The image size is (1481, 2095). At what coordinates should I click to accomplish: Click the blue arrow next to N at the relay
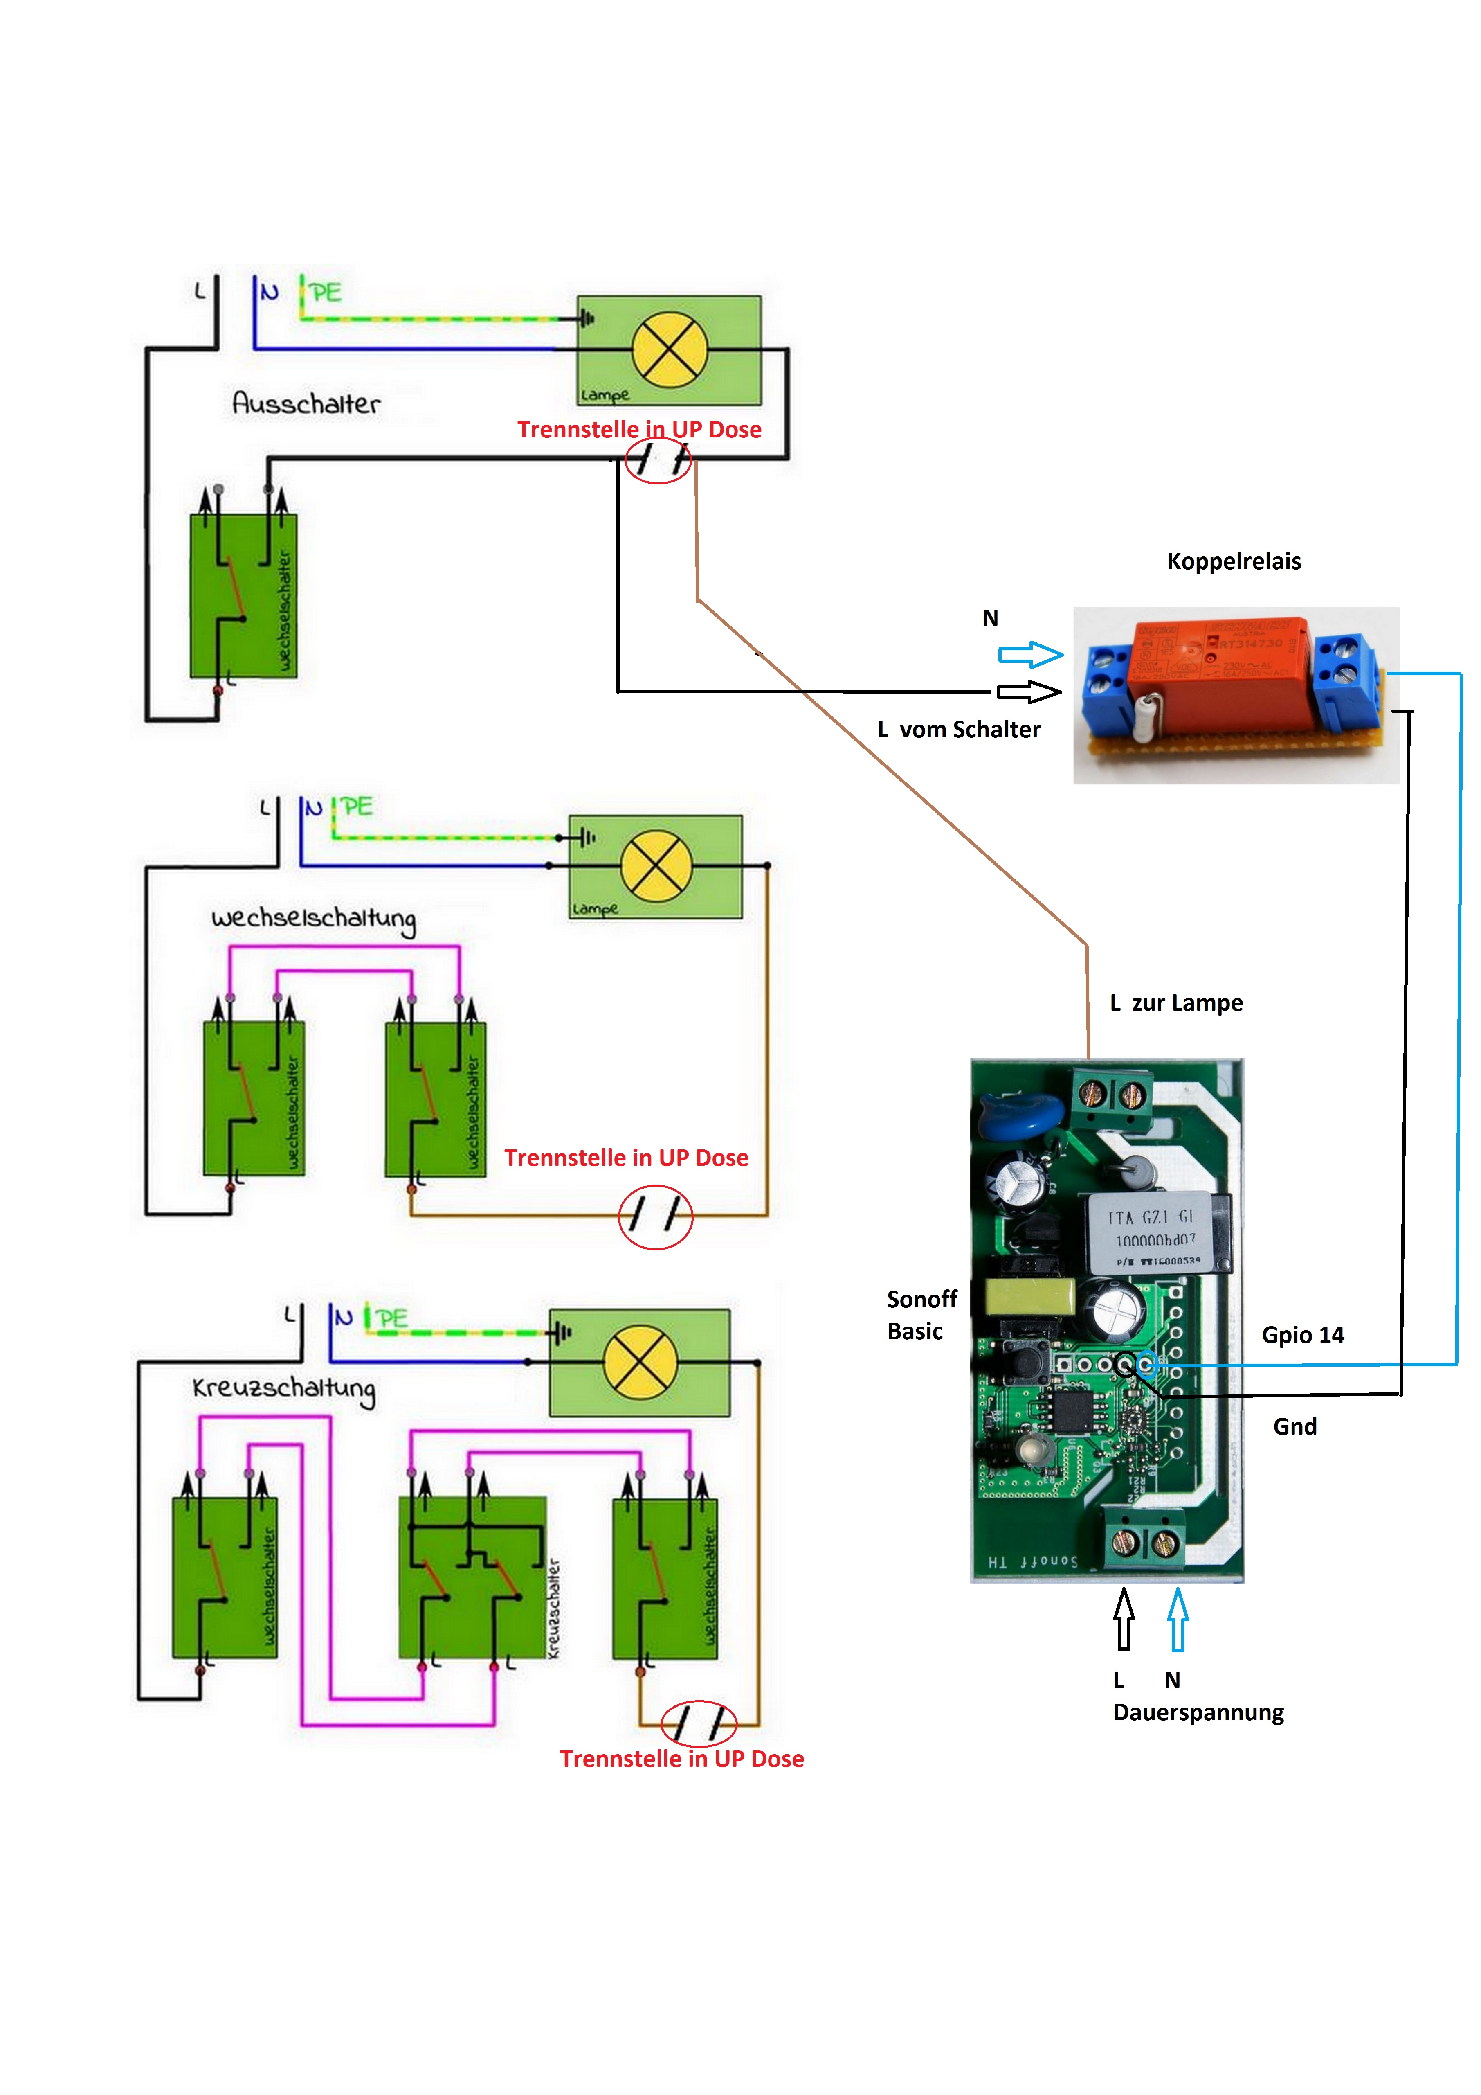click(1031, 654)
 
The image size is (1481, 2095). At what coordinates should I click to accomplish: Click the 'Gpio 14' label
click(1302, 1335)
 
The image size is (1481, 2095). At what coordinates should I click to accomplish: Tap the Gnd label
click(1295, 1426)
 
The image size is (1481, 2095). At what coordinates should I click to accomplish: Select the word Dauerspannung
click(1198, 1713)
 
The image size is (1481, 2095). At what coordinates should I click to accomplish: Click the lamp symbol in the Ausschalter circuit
click(670, 349)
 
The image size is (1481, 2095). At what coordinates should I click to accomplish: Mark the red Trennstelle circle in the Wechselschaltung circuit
click(656, 1216)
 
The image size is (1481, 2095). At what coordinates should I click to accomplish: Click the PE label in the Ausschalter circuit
click(325, 293)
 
